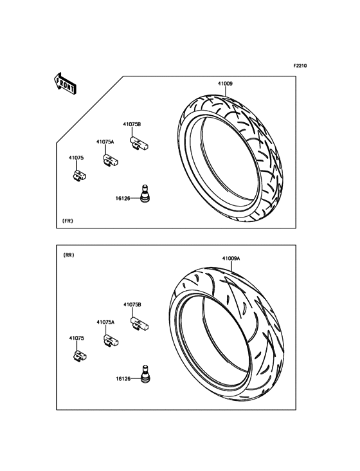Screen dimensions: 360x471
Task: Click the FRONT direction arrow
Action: pyautogui.click(x=64, y=84)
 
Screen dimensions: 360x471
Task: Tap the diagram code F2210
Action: pyautogui.click(x=300, y=66)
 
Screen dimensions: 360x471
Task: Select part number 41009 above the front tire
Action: pyautogui.click(x=225, y=84)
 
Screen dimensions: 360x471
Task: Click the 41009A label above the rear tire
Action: pyautogui.click(x=231, y=258)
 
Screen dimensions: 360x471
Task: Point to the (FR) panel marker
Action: pyautogui.click(x=67, y=221)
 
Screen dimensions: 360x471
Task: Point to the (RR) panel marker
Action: pyautogui.click(x=69, y=255)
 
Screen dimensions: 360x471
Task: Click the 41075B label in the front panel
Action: pyautogui.click(x=132, y=124)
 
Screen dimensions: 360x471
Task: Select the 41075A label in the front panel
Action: pyautogui.click(x=105, y=142)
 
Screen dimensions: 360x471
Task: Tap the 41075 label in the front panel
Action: pyautogui.click(x=76, y=158)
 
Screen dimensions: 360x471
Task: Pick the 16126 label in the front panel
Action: pyautogui.click(x=123, y=198)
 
